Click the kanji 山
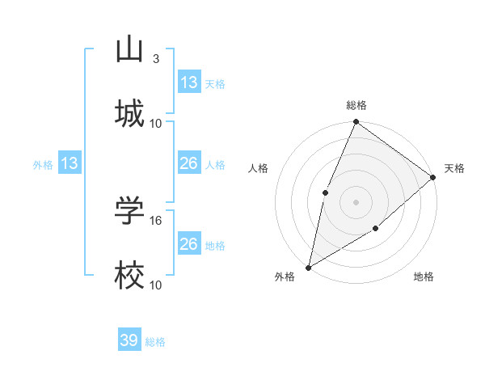(129, 49)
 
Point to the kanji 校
(129, 276)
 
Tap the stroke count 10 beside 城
(156, 123)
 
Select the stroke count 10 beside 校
(156, 285)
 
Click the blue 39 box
(129, 340)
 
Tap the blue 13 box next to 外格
(69, 164)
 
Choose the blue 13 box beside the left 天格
(188, 82)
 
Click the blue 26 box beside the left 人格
(188, 163)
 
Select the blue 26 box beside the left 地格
(188, 244)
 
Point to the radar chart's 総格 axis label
(356, 105)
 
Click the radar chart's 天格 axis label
(454, 168)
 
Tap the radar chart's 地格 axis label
(424, 277)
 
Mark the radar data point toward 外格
(309, 267)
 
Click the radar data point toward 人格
(325, 192)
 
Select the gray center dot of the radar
(356, 201)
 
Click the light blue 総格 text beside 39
(155, 342)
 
